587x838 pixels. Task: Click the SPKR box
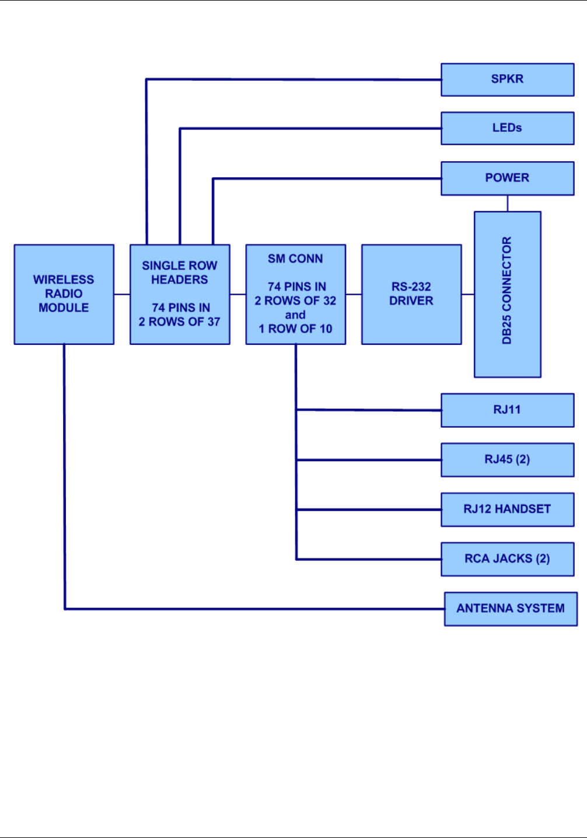[x=507, y=80]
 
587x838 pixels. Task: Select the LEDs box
[x=507, y=128]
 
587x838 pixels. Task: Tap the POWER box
[x=507, y=179]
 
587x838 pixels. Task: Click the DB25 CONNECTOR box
[x=507, y=295]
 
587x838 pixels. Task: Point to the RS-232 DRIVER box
[x=411, y=295]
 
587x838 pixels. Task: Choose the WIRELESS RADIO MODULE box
[x=64, y=295]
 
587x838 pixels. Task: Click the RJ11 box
[x=507, y=410]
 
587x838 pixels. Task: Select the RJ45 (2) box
[x=507, y=460]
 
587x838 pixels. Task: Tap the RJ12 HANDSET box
[x=507, y=509]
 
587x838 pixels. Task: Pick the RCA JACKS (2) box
[x=507, y=559]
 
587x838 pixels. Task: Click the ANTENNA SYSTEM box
[x=511, y=609]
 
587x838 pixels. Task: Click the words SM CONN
[x=295, y=259]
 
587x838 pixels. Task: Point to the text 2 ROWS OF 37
[x=179, y=322]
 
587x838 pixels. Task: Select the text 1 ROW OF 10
[x=295, y=329]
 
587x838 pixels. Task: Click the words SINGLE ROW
[x=179, y=266]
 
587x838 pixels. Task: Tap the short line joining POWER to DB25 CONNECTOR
[x=507, y=203]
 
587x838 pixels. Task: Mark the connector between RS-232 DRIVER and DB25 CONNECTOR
[x=467, y=295]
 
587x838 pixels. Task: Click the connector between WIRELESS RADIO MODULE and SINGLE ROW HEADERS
[x=122, y=295]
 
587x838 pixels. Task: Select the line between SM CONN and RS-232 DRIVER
[x=354, y=295]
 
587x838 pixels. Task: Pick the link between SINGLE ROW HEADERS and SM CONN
[x=237, y=295]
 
